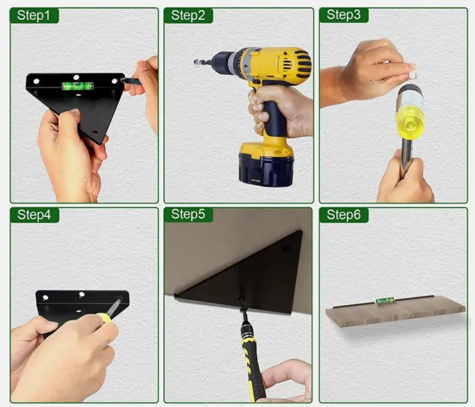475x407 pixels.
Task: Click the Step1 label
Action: click(x=33, y=15)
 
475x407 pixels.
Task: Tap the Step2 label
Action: click(x=187, y=15)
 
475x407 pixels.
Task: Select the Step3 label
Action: click(x=343, y=15)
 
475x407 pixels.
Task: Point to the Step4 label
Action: click(x=34, y=215)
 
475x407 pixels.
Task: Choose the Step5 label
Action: click(x=187, y=215)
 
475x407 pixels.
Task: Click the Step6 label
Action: click(x=343, y=215)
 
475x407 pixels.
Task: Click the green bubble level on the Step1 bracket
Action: click(x=77, y=86)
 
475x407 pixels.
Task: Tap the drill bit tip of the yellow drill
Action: click(x=196, y=62)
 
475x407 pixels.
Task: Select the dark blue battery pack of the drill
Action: click(x=266, y=168)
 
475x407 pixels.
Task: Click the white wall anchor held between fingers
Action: click(x=413, y=74)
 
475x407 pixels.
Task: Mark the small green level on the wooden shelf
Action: click(x=385, y=300)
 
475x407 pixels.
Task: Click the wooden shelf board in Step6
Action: click(x=396, y=311)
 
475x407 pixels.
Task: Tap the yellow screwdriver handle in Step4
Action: click(x=104, y=318)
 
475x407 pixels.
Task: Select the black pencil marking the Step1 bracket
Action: click(x=131, y=81)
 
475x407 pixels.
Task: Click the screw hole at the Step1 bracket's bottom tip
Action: click(x=95, y=132)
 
